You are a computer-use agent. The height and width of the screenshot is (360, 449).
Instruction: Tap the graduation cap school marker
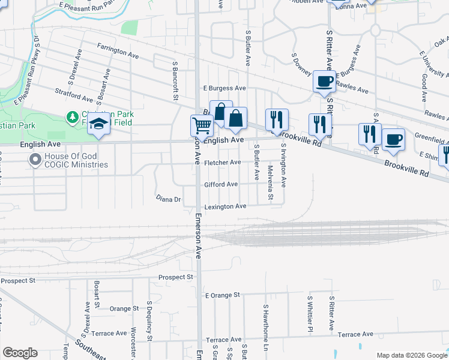click(97, 126)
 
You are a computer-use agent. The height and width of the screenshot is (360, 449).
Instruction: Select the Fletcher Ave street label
click(222, 162)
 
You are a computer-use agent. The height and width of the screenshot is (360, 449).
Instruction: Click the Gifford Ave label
click(221, 184)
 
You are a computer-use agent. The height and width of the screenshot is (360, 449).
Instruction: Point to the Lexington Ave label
click(226, 206)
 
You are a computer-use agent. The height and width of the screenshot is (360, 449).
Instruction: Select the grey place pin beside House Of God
click(34, 160)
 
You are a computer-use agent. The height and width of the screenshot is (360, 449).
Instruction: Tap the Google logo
click(20, 353)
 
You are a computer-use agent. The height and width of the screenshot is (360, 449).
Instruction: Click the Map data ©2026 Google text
click(412, 355)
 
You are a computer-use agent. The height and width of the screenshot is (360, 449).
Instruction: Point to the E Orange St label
click(222, 295)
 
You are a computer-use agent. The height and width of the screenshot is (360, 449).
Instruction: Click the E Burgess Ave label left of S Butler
click(224, 88)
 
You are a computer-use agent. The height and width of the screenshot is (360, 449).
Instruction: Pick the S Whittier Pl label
click(310, 313)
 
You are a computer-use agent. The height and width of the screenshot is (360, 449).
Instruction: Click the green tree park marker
click(72, 116)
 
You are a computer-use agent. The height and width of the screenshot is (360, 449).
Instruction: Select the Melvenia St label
click(271, 183)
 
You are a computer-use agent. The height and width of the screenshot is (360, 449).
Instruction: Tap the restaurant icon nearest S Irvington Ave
click(277, 120)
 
